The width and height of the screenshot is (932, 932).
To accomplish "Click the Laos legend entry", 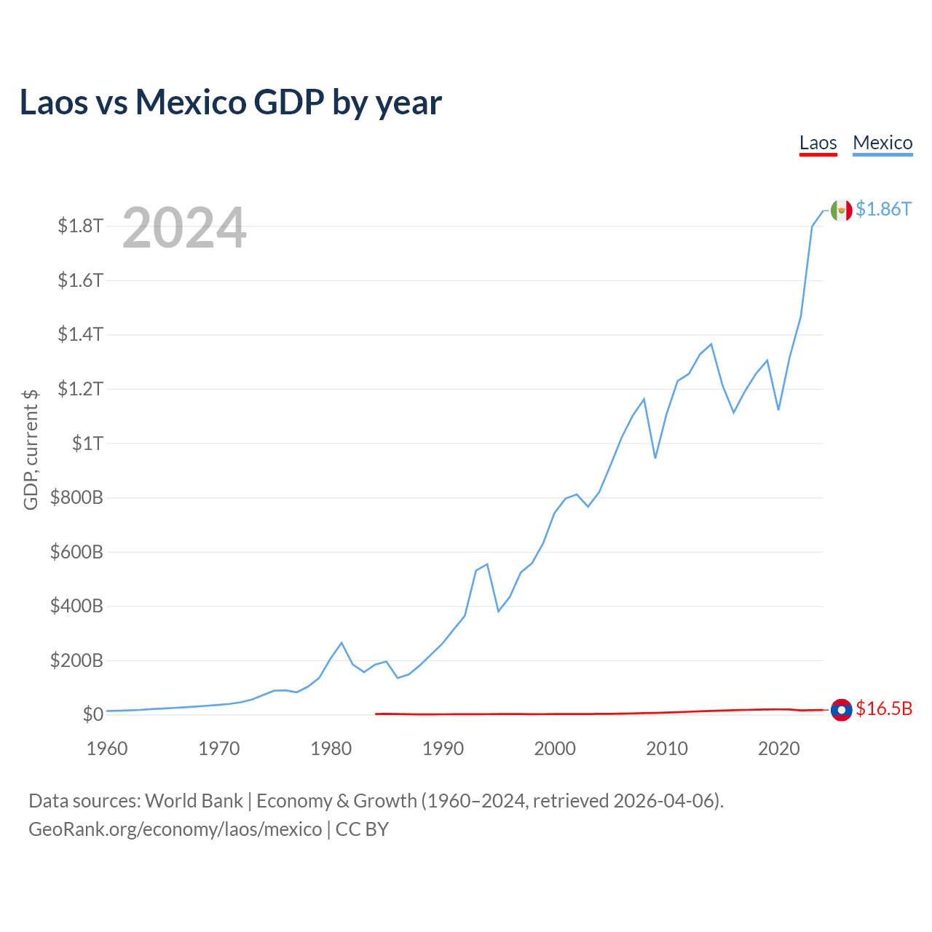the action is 818,143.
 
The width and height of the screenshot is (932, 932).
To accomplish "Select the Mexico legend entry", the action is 882,143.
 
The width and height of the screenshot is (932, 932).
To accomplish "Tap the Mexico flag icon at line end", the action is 841,210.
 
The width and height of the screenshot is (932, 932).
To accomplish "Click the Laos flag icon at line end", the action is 841,710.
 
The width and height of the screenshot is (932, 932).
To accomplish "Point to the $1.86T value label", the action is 884,210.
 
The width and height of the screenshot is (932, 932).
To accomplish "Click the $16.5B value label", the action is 884,709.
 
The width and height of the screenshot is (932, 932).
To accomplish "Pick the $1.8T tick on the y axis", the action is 80,226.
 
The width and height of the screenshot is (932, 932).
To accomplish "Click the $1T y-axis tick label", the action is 87,443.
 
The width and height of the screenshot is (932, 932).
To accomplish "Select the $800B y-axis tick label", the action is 76,497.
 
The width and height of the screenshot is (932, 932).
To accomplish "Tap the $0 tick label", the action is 93,714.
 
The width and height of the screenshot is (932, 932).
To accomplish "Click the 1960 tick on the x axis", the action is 107,749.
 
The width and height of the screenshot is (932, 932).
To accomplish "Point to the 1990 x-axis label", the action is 443,749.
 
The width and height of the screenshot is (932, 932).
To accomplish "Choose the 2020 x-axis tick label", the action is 778,749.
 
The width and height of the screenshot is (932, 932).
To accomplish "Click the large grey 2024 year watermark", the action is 184,227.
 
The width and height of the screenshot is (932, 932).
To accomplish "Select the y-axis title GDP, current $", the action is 31,449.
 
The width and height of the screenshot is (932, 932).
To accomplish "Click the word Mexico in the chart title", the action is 191,103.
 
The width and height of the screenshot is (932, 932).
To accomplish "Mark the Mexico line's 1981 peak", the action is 341,643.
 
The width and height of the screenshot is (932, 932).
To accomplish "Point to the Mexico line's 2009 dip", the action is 655,457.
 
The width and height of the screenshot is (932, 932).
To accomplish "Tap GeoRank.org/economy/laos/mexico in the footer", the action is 175,829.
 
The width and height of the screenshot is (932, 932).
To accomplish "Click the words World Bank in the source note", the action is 194,801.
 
